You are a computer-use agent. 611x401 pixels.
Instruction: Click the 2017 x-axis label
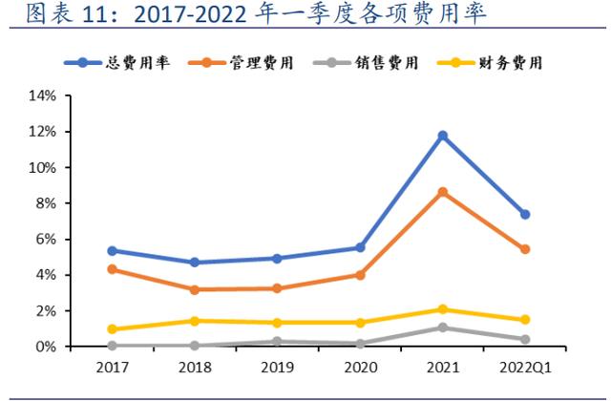[x=112, y=368]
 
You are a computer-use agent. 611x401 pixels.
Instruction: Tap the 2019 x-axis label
[x=277, y=368]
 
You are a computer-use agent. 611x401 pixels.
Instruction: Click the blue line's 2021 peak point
[x=442, y=136]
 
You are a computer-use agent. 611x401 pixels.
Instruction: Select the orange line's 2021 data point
[x=442, y=192]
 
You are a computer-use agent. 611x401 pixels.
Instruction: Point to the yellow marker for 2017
[x=112, y=329]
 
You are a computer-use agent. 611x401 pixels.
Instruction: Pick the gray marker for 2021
[x=442, y=327]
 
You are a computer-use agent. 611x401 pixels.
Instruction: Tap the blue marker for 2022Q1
[x=524, y=214]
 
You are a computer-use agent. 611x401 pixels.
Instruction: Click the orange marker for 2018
[x=195, y=289]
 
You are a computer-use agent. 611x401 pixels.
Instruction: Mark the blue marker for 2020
[x=360, y=247]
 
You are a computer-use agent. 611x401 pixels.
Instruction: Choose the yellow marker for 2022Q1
[x=524, y=320]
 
